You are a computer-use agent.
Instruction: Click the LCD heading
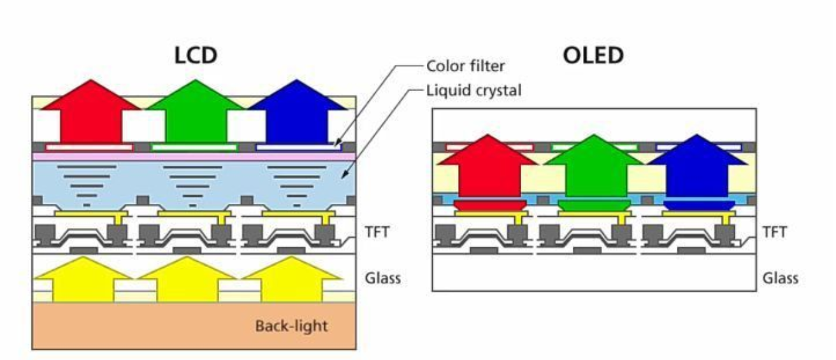click(196, 55)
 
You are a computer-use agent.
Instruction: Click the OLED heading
click(593, 55)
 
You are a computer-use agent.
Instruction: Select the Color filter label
click(465, 66)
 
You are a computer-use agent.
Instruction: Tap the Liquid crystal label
click(473, 90)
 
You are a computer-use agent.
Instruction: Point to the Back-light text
click(291, 326)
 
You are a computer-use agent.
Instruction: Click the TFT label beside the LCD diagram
click(377, 232)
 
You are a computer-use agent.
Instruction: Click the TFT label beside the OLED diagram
click(774, 232)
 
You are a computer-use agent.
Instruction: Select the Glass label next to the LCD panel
click(383, 278)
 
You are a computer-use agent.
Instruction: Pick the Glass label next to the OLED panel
click(781, 278)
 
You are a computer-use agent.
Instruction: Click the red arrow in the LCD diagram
click(91, 112)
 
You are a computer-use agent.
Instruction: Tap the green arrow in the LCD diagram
click(196, 112)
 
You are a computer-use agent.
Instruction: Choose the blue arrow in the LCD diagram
click(297, 112)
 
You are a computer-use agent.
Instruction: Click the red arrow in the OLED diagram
click(488, 166)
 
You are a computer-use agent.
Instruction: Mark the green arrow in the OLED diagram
click(594, 166)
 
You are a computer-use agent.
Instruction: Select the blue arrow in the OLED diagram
click(697, 166)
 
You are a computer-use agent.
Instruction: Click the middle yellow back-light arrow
click(187, 280)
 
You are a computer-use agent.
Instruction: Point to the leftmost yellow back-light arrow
click(83, 280)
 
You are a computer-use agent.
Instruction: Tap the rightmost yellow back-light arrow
click(292, 280)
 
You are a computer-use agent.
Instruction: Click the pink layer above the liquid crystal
click(194, 156)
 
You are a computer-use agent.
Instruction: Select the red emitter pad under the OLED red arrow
click(490, 205)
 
